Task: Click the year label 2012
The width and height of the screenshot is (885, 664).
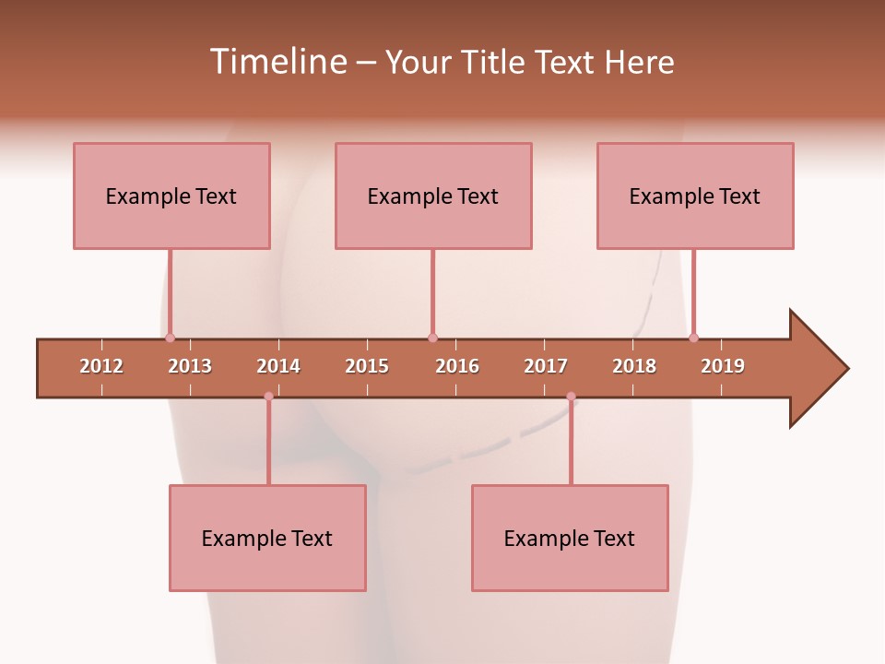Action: tap(101, 366)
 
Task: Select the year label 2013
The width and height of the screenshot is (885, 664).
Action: tap(190, 366)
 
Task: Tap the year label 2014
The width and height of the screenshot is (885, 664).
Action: tap(278, 366)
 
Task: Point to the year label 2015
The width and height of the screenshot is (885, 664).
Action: tap(367, 366)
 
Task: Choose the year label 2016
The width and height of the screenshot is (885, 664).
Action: tap(457, 366)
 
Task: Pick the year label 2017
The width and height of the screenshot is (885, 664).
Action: tap(546, 366)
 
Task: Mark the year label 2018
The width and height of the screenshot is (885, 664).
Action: tap(634, 366)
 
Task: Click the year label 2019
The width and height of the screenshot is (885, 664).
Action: tap(723, 366)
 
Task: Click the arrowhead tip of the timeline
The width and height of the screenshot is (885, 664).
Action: tap(846, 369)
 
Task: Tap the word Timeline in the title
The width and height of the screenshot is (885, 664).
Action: tap(277, 62)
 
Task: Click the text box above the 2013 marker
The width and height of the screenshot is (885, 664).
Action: tap(171, 196)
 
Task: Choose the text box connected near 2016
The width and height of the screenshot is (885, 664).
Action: tap(433, 196)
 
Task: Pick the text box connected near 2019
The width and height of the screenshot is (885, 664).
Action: tap(695, 196)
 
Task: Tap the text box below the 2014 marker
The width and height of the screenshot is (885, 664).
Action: tap(267, 538)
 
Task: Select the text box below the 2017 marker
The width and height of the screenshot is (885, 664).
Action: tap(570, 538)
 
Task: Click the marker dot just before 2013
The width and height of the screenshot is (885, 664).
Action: tap(170, 338)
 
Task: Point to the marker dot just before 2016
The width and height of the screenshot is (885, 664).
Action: tap(432, 338)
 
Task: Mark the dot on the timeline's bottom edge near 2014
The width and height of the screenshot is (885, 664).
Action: tap(268, 397)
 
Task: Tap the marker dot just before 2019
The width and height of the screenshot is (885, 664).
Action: tap(693, 338)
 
